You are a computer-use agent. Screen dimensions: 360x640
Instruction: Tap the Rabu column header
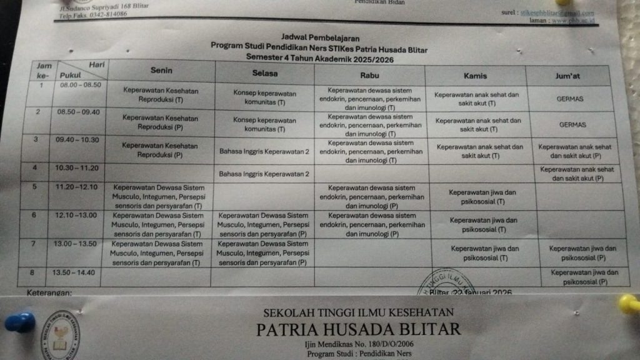[x=369, y=75]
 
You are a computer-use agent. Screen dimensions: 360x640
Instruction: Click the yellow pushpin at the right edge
[x=630, y=304]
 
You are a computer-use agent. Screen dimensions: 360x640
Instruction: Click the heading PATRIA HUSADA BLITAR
[x=358, y=329]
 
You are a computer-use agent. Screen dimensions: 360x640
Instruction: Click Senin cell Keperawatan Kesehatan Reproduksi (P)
[x=160, y=121]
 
